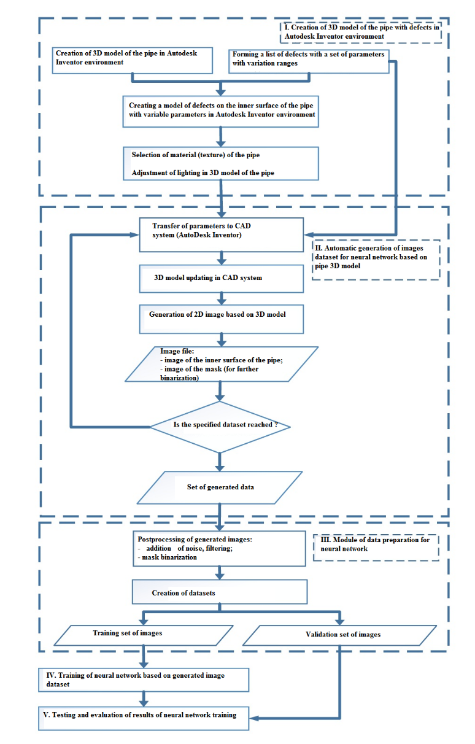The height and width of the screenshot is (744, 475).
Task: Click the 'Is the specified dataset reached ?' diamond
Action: coord(220,427)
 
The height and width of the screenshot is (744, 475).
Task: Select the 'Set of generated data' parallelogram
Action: coord(220,487)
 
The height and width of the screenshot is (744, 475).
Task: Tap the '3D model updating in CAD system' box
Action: coord(221,278)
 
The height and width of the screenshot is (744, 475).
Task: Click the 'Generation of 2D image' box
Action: coord(221,319)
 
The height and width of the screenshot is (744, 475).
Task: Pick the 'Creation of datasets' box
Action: coord(220,592)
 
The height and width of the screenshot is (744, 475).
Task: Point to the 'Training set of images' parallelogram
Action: coord(144,635)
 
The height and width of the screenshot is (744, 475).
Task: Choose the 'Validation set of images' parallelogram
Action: coord(339,635)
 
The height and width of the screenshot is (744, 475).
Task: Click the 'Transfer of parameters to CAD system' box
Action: coord(221,234)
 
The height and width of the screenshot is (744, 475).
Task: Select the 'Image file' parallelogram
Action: coord(222,364)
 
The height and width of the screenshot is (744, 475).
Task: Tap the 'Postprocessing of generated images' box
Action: coord(219,548)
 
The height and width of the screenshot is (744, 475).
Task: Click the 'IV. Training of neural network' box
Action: coord(144,680)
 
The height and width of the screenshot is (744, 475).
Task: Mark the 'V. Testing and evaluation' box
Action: coord(144,718)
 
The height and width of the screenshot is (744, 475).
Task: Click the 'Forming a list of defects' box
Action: coord(309,61)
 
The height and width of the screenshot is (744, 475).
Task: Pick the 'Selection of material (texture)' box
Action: coord(221,163)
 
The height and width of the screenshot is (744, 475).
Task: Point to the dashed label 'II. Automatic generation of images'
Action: coord(376,260)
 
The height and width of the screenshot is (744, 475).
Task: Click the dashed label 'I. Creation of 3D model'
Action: coord(361,32)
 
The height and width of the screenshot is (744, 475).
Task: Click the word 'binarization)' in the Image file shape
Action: coord(179,378)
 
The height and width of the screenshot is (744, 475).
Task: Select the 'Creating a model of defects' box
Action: coord(220,112)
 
